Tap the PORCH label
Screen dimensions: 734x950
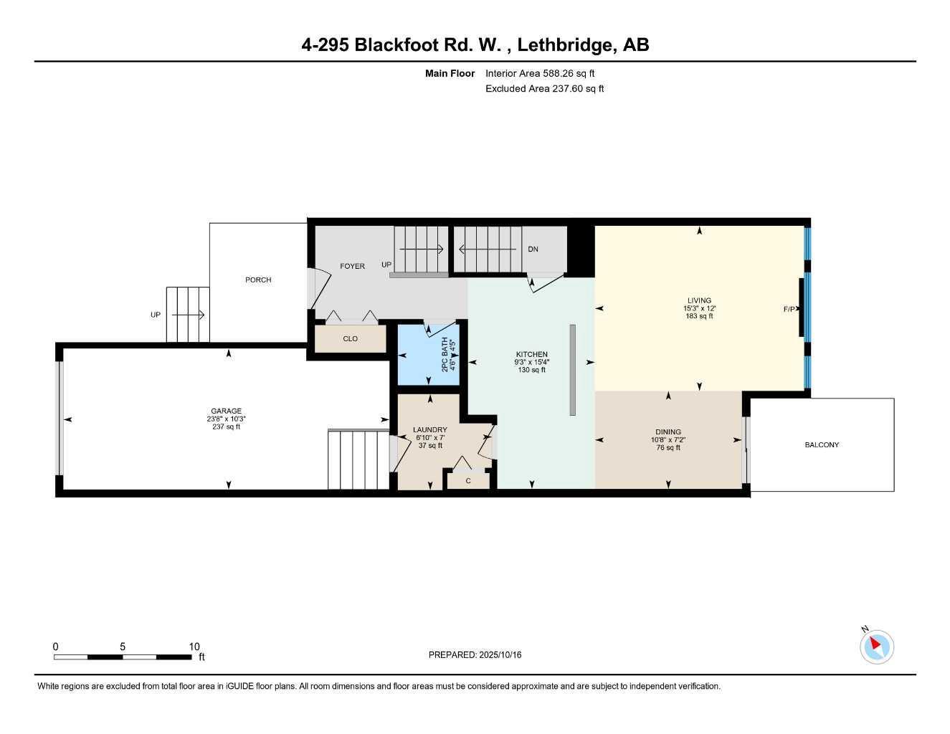tap(258, 280)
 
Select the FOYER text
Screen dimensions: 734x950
tap(352, 266)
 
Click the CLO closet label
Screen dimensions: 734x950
tap(350, 339)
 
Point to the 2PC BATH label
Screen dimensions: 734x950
tap(445, 354)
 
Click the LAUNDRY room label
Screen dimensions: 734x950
tap(430, 430)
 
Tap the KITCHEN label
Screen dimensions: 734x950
tap(531, 354)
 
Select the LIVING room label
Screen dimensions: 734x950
tap(699, 301)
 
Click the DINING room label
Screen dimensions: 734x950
tap(668, 432)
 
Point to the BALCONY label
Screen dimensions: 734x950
tap(822, 445)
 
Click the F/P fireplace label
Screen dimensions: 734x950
tap(789, 310)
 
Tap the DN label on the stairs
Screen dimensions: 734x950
tap(533, 249)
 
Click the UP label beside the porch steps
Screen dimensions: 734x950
tap(156, 315)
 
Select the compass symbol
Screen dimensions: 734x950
tap(876, 646)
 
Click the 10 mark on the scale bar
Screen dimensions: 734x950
tap(194, 647)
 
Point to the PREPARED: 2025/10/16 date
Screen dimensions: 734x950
tap(475, 655)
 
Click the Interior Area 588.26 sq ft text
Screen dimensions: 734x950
tap(540, 73)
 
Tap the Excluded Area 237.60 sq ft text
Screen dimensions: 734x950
tap(544, 89)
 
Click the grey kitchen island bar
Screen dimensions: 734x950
tap(572, 370)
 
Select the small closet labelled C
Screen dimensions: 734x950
tap(468, 481)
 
